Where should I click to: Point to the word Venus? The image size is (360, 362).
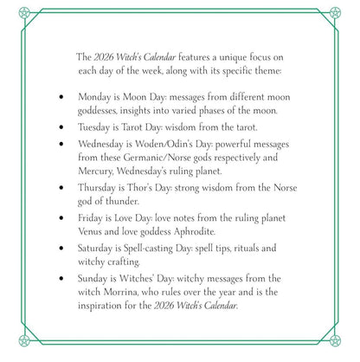click(93, 231)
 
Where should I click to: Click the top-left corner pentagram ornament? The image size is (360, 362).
click(7, 7)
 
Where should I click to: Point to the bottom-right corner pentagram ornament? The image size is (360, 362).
click(352, 355)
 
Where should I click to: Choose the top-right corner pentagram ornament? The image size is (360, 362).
click(352, 7)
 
